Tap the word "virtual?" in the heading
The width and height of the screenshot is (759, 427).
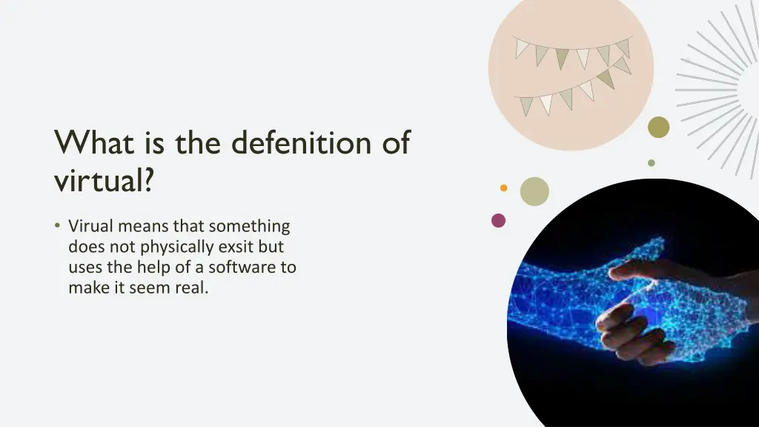click(104, 179)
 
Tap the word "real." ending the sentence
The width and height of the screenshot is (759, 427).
click(191, 288)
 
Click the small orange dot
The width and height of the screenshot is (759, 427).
click(504, 188)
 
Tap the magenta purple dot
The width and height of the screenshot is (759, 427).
click(498, 220)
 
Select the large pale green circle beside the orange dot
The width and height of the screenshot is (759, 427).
click(534, 191)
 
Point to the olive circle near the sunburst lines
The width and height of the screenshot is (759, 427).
click(658, 128)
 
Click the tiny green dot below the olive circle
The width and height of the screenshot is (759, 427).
click(652, 163)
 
